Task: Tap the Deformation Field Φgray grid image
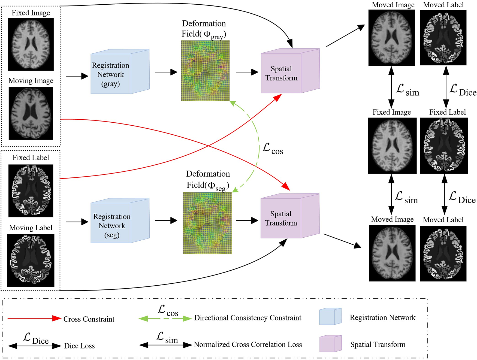(x=205, y=71)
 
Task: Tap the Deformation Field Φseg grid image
(x=207, y=223)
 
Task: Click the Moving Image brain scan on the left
(x=31, y=113)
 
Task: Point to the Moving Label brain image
(x=31, y=260)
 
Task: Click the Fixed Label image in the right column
(x=444, y=146)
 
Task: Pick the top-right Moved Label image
(x=443, y=38)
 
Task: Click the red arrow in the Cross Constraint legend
(x=34, y=318)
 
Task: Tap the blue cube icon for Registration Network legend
(x=330, y=316)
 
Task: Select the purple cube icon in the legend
(x=330, y=344)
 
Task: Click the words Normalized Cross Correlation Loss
(x=247, y=344)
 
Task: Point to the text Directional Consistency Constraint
(x=247, y=318)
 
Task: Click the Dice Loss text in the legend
(x=79, y=346)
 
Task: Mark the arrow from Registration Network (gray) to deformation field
(x=166, y=72)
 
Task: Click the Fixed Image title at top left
(x=31, y=13)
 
